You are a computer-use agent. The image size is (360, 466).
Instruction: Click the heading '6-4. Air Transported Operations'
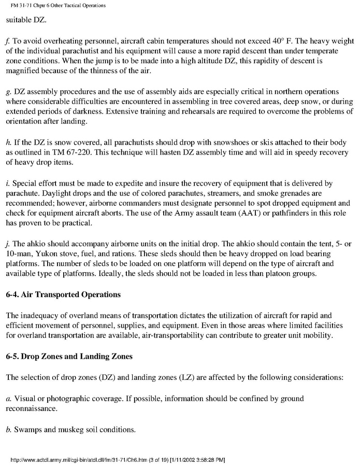click(63, 294)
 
